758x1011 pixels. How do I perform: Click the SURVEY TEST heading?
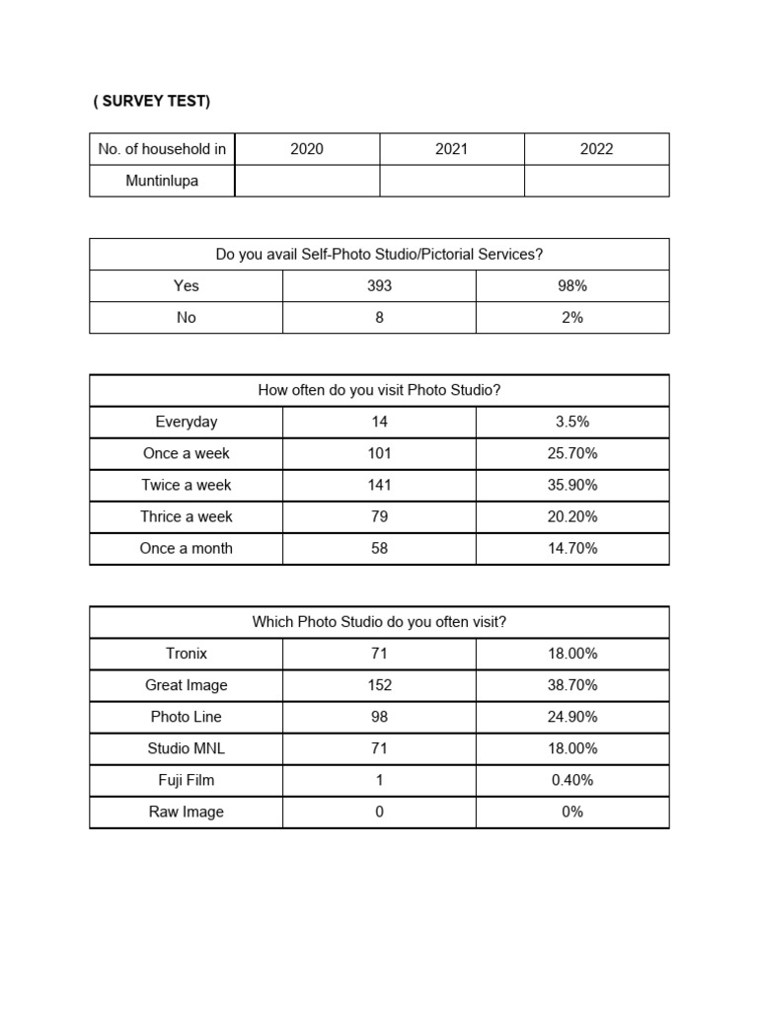[x=152, y=102]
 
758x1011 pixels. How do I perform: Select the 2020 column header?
[x=307, y=149]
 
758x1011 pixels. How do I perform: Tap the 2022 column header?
[x=596, y=149]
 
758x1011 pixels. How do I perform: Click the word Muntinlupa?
[x=162, y=181]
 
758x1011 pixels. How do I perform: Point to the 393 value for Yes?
[x=379, y=285]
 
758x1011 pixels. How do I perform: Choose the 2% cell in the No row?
[x=572, y=317]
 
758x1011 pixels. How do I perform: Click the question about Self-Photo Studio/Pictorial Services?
[x=379, y=254]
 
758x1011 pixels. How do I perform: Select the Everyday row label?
[x=187, y=422]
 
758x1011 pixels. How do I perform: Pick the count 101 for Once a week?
[x=379, y=453]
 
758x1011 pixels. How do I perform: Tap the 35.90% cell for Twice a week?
[x=572, y=485]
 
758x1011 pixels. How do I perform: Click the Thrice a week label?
[x=187, y=516]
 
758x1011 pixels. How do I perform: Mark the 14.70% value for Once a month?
[x=572, y=548]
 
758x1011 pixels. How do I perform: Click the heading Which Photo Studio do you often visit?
[x=379, y=622]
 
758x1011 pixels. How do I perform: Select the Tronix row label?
[x=187, y=654]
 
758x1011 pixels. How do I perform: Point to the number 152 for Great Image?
[x=379, y=685]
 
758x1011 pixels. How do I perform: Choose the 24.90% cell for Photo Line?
[x=572, y=717]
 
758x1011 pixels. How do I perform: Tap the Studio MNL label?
[x=187, y=748]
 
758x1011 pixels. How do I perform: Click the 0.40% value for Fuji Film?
[x=572, y=780]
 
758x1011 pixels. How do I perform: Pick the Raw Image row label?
[x=187, y=812]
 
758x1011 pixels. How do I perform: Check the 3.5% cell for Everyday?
[x=572, y=422]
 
